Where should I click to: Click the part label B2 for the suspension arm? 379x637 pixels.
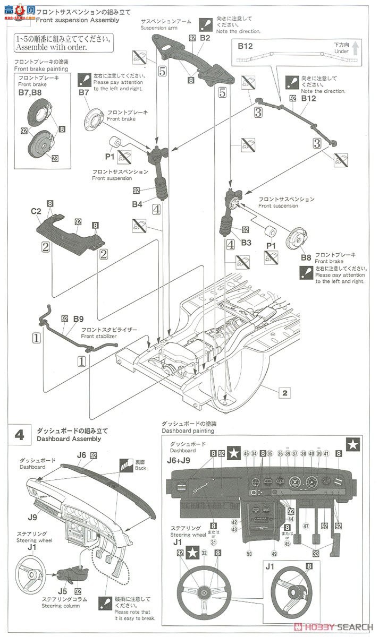pos(206,38)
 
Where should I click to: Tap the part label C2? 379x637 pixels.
pos(36,211)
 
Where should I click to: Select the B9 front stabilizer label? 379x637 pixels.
pos(78,319)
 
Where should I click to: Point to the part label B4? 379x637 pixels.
pos(137,203)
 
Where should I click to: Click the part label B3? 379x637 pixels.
pos(246,242)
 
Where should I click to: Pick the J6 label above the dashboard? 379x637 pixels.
pos(81,455)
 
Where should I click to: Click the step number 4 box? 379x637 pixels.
pos(19,435)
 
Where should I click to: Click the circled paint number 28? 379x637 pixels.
pos(55,157)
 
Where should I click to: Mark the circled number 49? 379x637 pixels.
pos(274,554)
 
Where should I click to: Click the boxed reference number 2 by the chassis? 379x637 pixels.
pos(285,393)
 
